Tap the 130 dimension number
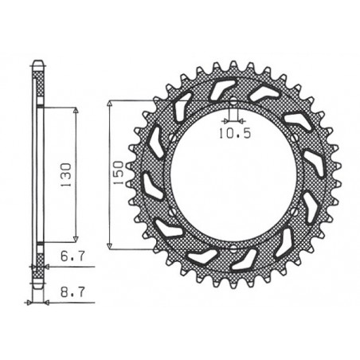(x=67, y=173)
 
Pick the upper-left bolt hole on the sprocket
(x=174, y=141)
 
